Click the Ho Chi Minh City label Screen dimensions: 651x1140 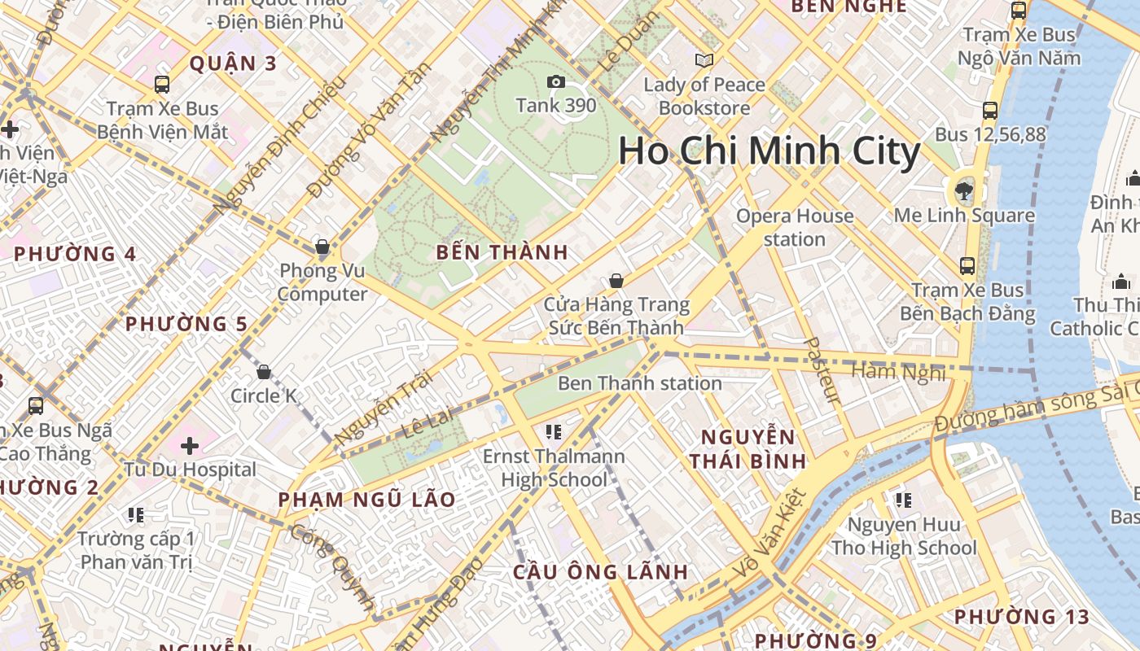(769, 152)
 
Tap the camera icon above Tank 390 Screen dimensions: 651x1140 (556, 81)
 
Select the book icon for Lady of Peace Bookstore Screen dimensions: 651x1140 (704, 60)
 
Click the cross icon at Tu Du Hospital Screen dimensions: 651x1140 (190, 446)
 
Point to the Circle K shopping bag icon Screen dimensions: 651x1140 (263, 373)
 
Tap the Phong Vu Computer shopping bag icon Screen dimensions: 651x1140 (322, 247)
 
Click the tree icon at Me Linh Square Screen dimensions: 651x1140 (964, 191)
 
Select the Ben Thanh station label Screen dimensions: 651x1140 (639, 383)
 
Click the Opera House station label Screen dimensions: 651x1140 (794, 228)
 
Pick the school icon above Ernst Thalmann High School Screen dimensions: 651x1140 (554, 431)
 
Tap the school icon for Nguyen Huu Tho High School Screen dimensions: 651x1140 (902, 500)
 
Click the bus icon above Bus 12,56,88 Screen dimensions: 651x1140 (990, 111)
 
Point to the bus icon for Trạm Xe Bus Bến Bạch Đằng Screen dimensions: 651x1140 (967, 266)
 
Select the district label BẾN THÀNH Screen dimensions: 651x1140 (502, 252)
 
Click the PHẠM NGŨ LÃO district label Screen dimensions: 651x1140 (366, 500)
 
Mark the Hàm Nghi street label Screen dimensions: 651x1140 (898, 373)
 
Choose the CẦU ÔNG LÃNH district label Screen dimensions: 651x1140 (601, 572)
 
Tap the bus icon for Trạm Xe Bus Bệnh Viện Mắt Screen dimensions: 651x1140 (162, 85)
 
